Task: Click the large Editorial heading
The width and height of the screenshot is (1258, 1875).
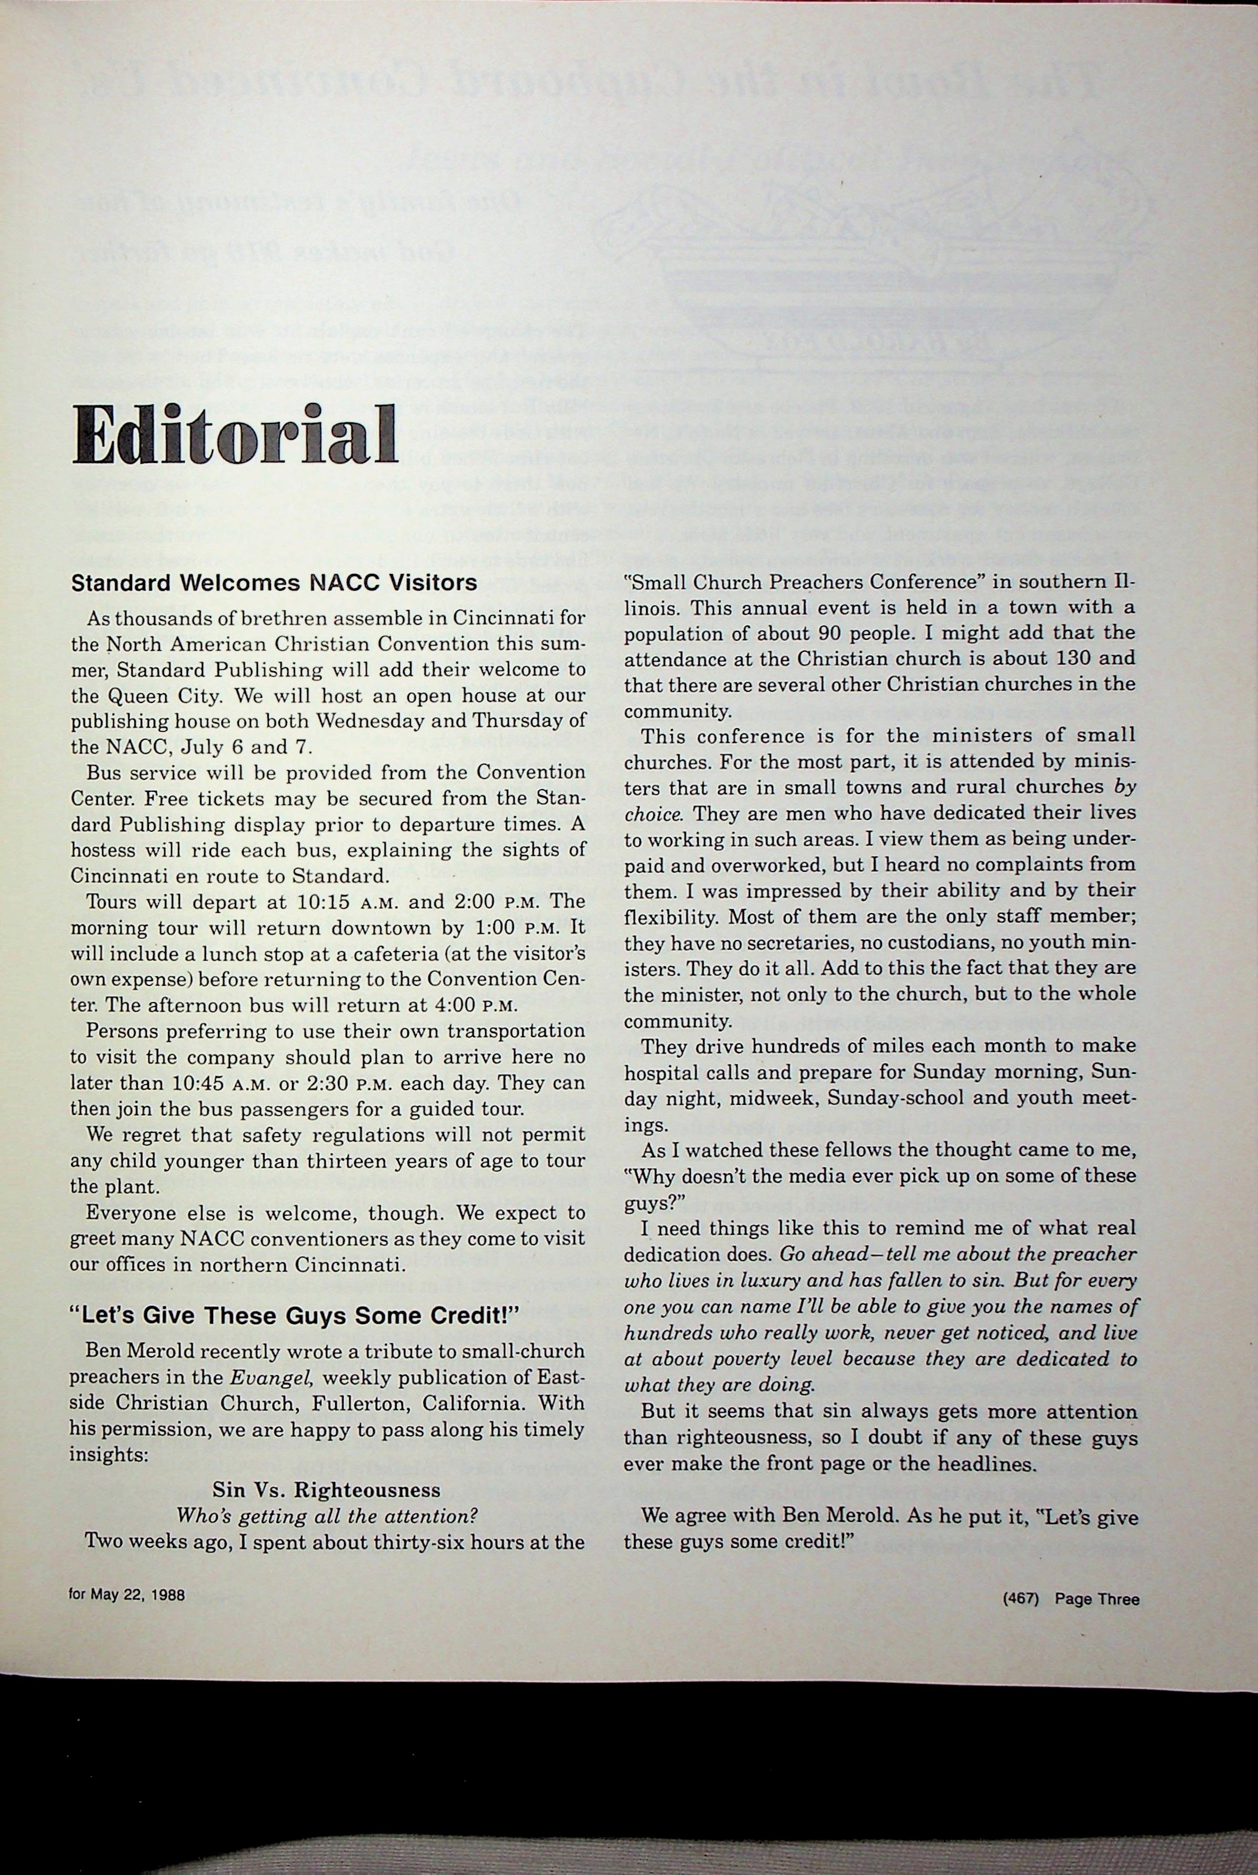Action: point(234,434)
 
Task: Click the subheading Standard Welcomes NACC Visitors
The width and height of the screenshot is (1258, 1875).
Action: point(275,582)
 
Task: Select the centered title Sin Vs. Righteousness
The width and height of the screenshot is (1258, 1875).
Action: point(327,1490)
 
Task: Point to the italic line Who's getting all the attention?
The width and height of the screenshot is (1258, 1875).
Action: point(327,1516)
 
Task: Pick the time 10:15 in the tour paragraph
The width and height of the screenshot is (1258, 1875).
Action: point(321,901)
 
